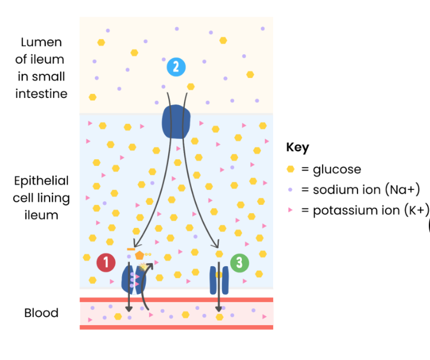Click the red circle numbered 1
[106, 263]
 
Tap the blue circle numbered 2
[176, 66]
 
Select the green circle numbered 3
[239, 263]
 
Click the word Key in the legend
[297, 148]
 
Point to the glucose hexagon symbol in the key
[290, 169]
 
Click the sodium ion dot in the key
[290, 189]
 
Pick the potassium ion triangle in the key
[290, 210]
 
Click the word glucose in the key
[337, 169]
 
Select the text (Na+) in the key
[402, 189]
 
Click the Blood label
[41, 313]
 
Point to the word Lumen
[41, 42]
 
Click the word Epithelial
[41, 181]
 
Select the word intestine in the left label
[41, 93]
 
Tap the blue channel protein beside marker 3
[219, 280]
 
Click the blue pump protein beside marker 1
[133, 279]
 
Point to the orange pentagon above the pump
[139, 256]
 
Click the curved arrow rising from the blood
[147, 283]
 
